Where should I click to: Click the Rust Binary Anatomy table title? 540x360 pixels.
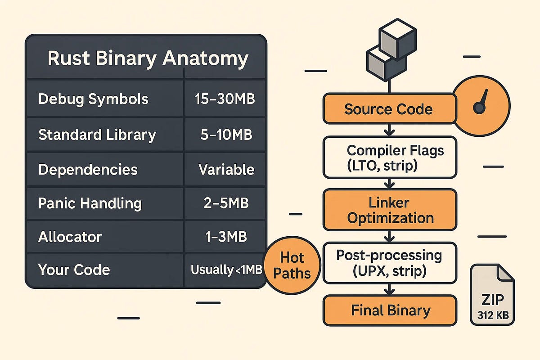(x=148, y=59)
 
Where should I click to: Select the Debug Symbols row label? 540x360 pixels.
(x=93, y=99)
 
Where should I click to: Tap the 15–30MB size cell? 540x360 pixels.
(x=225, y=99)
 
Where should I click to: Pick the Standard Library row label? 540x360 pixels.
(x=97, y=135)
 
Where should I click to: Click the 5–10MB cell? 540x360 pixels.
(x=226, y=135)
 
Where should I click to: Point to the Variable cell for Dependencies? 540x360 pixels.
(x=226, y=170)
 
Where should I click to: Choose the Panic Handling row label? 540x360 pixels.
(x=90, y=203)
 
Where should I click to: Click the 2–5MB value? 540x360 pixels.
(x=226, y=203)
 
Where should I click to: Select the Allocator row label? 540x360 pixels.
(x=70, y=237)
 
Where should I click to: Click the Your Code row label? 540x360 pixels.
(x=74, y=270)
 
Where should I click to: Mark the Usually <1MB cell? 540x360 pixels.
(x=226, y=270)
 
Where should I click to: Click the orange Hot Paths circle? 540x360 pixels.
(x=292, y=266)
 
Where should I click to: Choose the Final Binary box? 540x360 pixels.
(x=390, y=310)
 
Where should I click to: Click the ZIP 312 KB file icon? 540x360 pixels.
(x=492, y=295)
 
